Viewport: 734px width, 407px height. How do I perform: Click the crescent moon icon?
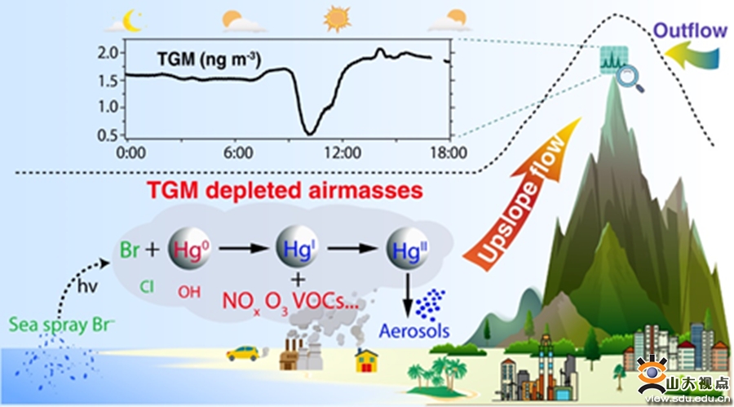(133, 18)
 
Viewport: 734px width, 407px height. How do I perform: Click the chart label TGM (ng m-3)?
(214, 59)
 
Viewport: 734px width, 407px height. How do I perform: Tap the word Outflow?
(690, 31)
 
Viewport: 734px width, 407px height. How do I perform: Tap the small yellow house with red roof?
(365, 359)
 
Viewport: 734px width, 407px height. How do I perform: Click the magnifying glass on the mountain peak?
(628, 78)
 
